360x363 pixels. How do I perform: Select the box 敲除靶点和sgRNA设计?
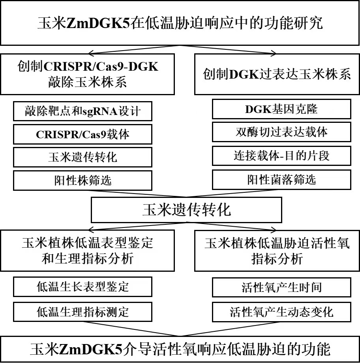click(82, 111)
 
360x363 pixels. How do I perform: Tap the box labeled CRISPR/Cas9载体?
click(82, 134)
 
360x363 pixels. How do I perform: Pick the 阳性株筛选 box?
click(82, 181)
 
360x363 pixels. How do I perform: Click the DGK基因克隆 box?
click(281, 109)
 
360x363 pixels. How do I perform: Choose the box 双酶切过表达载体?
click(281, 132)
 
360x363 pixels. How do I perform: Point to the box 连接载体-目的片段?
click(281, 156)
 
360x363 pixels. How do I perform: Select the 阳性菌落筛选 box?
click(281, 180)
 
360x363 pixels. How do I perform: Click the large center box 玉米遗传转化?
click(186, 210)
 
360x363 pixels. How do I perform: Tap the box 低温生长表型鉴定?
click(82, 287)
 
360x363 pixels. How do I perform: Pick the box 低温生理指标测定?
click(82, 312)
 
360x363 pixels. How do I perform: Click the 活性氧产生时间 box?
click(281, 287)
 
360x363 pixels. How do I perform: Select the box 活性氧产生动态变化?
click(281, 312)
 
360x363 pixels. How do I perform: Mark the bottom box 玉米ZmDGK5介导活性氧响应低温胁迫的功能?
click(180, 349)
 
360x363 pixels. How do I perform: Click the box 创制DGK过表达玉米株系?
click(277, 74)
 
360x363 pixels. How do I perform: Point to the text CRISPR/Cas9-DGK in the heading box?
click(101, 67)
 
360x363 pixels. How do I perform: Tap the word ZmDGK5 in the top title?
click(98, 23)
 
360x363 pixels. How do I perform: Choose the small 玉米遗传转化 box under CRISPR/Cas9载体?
click(82, 158)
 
